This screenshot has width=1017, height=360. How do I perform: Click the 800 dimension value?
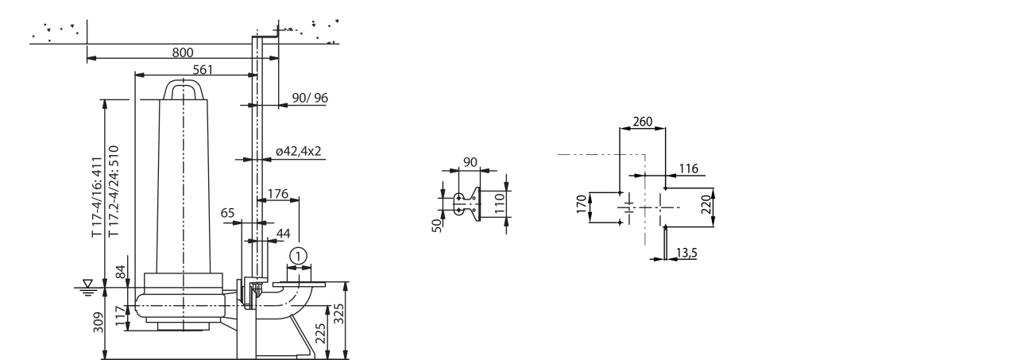click(x=183, y=52)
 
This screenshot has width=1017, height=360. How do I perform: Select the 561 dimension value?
click(x=203, y=69)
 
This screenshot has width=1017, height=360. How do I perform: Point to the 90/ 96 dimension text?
click(x=310, y=98)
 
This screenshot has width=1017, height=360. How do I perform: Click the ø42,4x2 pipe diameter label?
click(x=298, y=151)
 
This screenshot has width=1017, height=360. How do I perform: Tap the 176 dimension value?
click(x=278, y=194)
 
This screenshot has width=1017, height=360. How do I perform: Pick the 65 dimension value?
click(x=227, y=213)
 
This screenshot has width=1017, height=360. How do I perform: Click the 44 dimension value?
click(x=284, y=234)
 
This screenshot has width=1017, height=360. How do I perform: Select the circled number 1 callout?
click(x=298, y=257)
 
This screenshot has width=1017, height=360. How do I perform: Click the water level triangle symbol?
click(x=87, y=283)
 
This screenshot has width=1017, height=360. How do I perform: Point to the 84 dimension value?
click(x=121, y=273)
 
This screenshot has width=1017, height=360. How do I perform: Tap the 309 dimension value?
click(x=99, y=323)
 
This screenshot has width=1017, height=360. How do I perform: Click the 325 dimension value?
click(x=338, y=314)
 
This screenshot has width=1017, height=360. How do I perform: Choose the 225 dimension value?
click(x=320, y=333)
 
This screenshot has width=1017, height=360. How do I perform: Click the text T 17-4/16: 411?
click(x=97, y=197)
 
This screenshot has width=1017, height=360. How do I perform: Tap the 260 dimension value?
click(x=643, y=122)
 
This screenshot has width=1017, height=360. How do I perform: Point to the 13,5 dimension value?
click(x=686, y=253)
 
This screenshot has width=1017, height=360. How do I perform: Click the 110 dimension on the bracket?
click(x=500, y=203)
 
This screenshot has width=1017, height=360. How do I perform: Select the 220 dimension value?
click(x=706, y=205)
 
